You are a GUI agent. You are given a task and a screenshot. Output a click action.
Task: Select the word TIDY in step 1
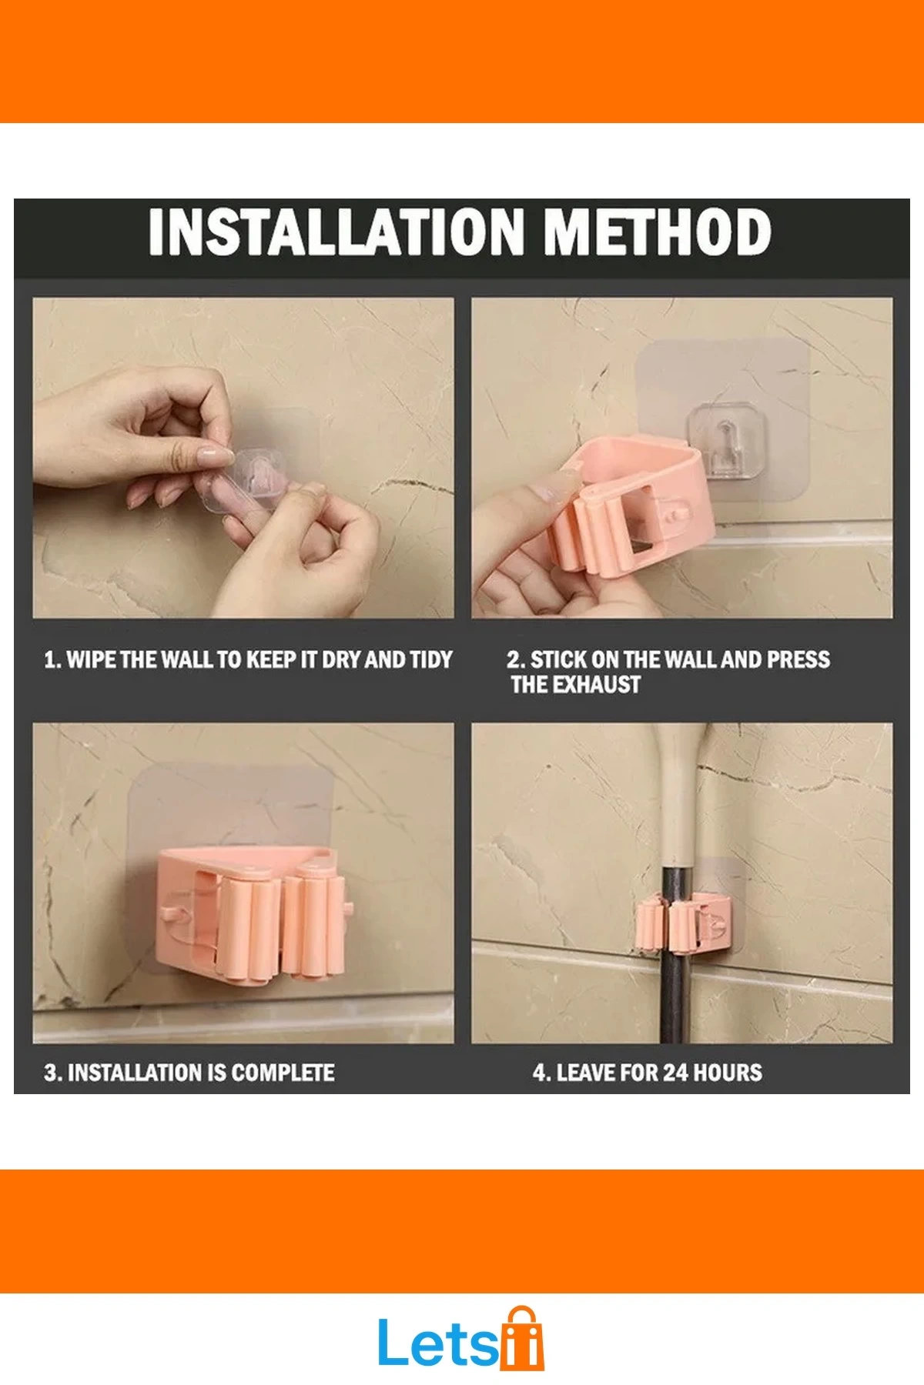[430, 659]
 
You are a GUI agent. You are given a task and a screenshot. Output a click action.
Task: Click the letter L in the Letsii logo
[393, 1343]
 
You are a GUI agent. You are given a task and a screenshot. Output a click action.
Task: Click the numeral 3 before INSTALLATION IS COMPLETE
[50, 1073]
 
